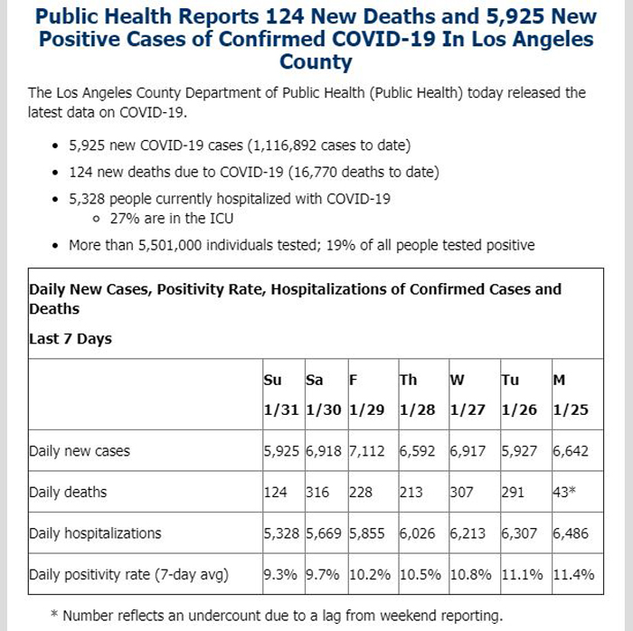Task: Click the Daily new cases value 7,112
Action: pos(366,451)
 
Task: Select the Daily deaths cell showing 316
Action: pos(317,492)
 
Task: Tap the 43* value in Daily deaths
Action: pos(564,492)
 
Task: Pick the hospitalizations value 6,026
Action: pos(417,533)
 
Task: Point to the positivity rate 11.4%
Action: pos(573,574)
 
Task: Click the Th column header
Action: pos(408,380)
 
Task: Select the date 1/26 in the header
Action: pos(519,410)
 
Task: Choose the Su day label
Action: pos(272,380)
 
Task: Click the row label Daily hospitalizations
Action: pos(95,533)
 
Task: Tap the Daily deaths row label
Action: pos(68,492)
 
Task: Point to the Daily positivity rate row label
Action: pos(128,575)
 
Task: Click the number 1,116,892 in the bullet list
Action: pos(285,146)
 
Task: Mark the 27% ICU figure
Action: pos(125,218)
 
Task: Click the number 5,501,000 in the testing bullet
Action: pos(170,245)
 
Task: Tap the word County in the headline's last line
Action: pos(316,62)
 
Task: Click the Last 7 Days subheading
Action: pos(71,339)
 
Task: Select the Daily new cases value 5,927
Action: pos(519,451)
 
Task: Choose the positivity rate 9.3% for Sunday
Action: pos(280,574)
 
